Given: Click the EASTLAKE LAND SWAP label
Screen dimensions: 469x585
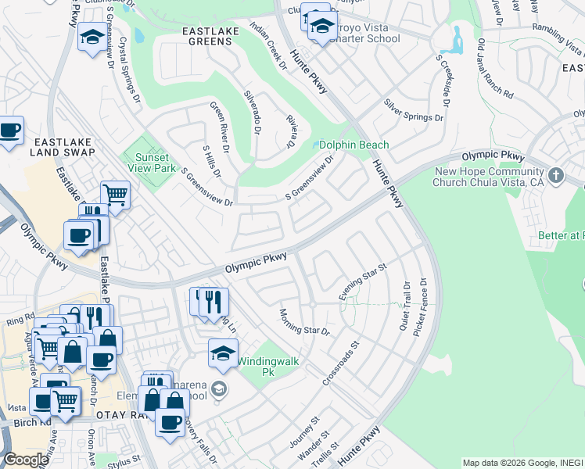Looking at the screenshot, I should pos(63,148).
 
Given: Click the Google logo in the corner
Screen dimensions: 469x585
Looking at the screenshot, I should pos(26,460).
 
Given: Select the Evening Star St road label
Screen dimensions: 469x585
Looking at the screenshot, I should pos(363,283).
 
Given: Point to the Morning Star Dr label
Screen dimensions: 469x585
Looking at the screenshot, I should pos(304,321).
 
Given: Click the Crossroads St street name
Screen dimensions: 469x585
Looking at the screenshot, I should pos(340,364).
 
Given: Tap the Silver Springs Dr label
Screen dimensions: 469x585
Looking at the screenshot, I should pos(413,110).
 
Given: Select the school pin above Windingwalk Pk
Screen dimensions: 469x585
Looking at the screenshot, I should pos(223,354).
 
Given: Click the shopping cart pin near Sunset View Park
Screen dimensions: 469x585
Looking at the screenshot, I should pos(115,195).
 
